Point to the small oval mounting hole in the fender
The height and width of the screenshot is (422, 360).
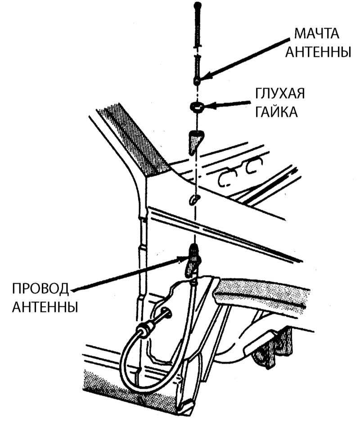193,200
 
